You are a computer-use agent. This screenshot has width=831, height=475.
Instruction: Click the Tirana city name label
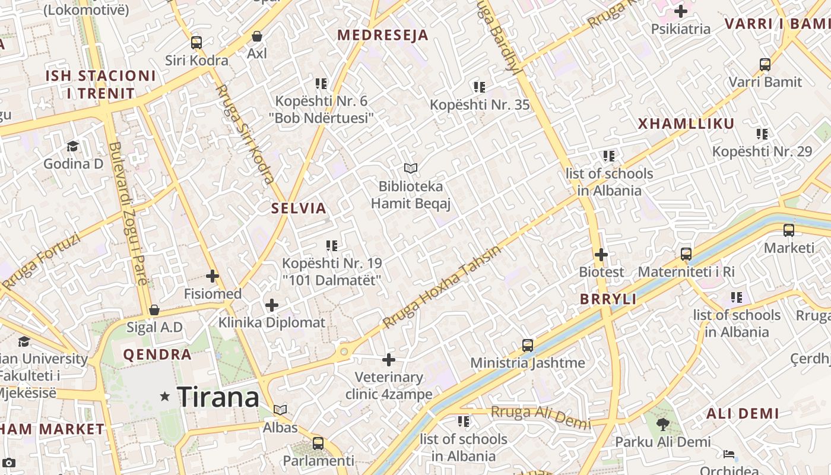tap(218, 397)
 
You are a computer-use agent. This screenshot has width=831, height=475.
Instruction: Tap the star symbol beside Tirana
tap(165, 396)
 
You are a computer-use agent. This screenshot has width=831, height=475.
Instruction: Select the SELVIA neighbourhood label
tap(299, 208)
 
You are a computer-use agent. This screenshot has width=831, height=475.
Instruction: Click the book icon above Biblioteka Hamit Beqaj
tap(411, 169)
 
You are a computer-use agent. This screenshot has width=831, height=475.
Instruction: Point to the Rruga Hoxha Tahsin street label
tap(442, 287)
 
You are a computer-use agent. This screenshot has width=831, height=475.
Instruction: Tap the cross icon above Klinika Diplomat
tap(272, 305)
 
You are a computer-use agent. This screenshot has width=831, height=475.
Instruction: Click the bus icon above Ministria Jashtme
tap(527, 345)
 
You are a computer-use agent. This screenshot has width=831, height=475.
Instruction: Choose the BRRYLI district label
tap(608, 299)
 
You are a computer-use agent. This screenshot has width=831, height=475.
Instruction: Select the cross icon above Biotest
tap(601, 255)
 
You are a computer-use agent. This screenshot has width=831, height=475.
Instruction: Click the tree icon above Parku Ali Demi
tap(662, 424)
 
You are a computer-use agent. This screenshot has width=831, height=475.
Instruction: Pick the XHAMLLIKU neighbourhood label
tap(686, 124)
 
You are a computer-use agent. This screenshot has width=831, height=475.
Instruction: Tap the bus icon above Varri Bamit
tap(765, 65)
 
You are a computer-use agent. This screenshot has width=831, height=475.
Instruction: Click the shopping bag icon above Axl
tap(257, 36)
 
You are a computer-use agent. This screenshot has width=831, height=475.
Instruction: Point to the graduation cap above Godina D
tap(72, 146)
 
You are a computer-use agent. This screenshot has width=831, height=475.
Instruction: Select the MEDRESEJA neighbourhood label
tap(383, 35)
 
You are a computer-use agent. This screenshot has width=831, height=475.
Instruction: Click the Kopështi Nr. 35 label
tap(480, 105)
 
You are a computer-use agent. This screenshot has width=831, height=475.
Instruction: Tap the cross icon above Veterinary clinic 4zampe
tap(389, 360)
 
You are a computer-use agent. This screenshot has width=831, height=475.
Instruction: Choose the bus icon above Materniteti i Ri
tap(686, 254)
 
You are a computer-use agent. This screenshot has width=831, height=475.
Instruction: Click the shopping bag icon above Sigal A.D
tap(154, 310)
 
